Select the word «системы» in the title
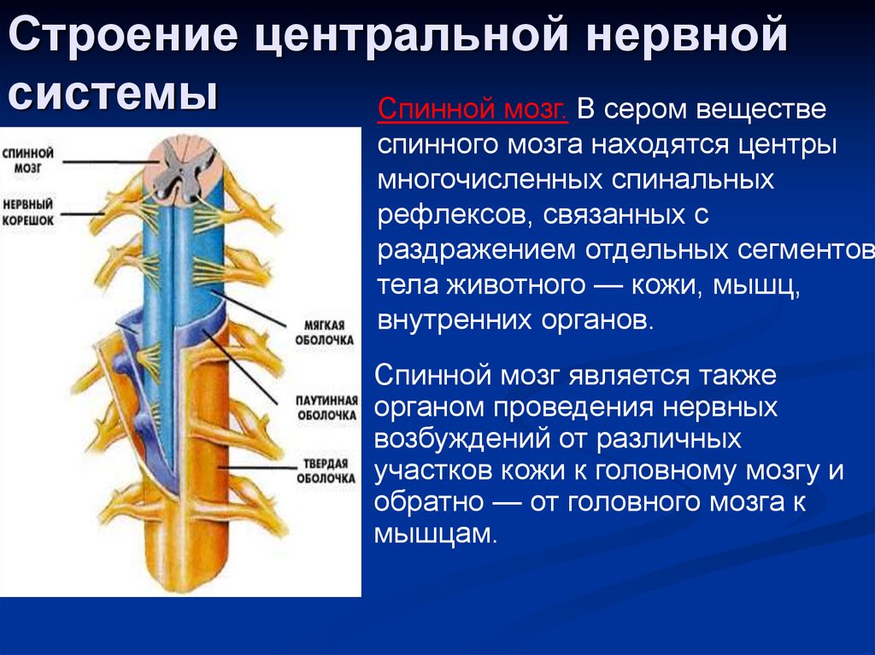click(111, 91)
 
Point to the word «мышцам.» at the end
click(435, 534)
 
